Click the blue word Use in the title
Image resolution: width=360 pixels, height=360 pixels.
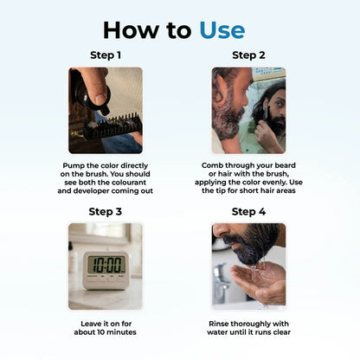pyautogui.click(x=222, y=30)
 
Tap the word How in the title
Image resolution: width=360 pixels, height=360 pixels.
pyautogui.click(x=132, y=30)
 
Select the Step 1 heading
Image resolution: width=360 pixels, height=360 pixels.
pyautogui.click(x=106, y=55)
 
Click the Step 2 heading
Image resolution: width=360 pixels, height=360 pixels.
pyautogui.click(x=248, y=55)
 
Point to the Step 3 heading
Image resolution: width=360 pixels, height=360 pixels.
pyautogui.click(x=106, y=211)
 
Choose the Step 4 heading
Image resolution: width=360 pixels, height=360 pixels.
pyautogui.click(x=248, y=211)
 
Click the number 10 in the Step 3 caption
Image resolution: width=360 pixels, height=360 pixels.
pyautogui.click(x=101, y=332)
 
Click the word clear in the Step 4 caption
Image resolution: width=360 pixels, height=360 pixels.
pyautogui.click(x=281, y=332)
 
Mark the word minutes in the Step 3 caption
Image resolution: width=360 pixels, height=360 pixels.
pyautogui.click(x=121, y=332)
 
